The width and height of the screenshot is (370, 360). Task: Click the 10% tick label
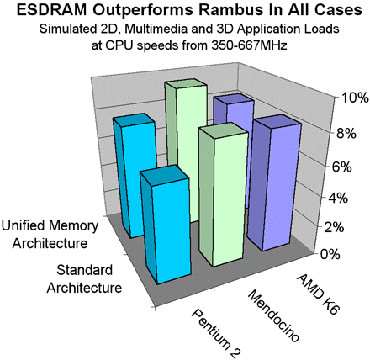click(x=354, y=98)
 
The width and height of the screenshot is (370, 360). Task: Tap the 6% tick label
click(x=341, y=167)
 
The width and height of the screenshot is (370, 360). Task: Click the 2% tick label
click(x=333, y=227)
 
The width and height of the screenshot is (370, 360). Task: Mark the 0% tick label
click(x=330, y=254)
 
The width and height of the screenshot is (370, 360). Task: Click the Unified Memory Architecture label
click(x=50, y=235)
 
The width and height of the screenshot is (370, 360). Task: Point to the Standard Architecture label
click(x=84, y=278)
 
